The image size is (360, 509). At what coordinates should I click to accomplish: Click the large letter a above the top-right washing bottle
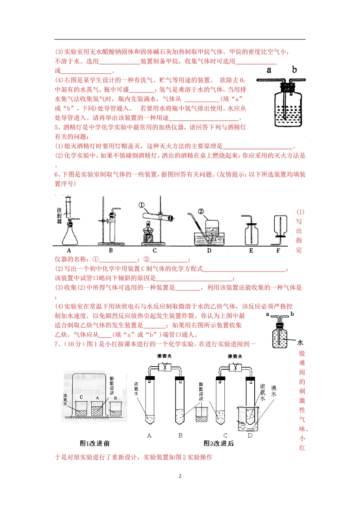pos(269,70)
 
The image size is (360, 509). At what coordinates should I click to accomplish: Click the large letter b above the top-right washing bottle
pos(294,70)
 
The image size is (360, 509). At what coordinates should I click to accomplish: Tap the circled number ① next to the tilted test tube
pos(141,205)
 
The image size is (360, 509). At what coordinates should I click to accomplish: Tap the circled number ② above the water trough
pos(201,211)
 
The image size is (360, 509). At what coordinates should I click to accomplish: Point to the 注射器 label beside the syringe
pos(59,215)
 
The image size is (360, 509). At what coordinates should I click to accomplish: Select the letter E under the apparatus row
pos(251,251)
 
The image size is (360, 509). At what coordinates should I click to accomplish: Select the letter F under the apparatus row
pos(278,251)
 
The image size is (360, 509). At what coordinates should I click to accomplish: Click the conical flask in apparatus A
pos(70,235)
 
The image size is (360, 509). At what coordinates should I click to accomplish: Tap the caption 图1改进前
pos(95,443)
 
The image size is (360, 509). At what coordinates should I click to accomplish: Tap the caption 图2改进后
pos(219,443)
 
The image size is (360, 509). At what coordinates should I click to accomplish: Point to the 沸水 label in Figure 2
pos(274,391)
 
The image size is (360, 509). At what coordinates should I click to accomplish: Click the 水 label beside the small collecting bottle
pos(300,342)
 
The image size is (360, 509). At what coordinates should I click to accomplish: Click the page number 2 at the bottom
pos(180,476)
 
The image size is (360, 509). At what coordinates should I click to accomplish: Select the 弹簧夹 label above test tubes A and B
pos(164,356)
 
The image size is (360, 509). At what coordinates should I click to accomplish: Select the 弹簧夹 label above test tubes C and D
pos(235,356)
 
